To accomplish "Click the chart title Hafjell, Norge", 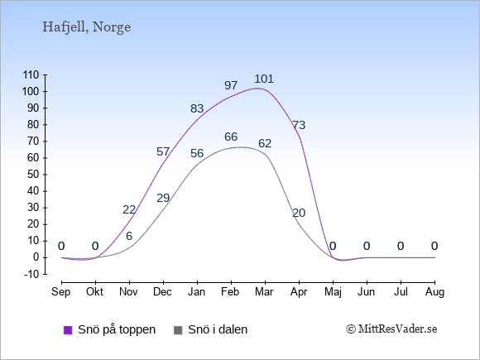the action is click(87, 27).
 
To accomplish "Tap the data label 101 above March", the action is click(264, 79).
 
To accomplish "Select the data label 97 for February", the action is click(231, 85).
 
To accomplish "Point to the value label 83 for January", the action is click(197, 108).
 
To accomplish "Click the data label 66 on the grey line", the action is click(231, 137).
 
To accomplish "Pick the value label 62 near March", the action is click(265, 143).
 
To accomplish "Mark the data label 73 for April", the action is click(299, 125).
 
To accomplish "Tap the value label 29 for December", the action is click(163, 198).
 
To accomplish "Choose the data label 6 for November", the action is click(129, 236).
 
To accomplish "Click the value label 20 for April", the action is click(299, 213).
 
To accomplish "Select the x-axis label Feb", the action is click(230, 292).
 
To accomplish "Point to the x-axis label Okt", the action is click(95, 292).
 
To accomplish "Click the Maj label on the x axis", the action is click(333, 292).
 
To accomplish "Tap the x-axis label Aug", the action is click(434, 292).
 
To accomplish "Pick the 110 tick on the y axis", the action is click(31, 75).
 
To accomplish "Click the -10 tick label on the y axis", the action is click(31, 275).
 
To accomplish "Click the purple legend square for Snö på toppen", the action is click(68, 330).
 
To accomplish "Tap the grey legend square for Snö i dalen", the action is click(178, 330).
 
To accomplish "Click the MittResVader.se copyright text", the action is click(391, 329).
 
